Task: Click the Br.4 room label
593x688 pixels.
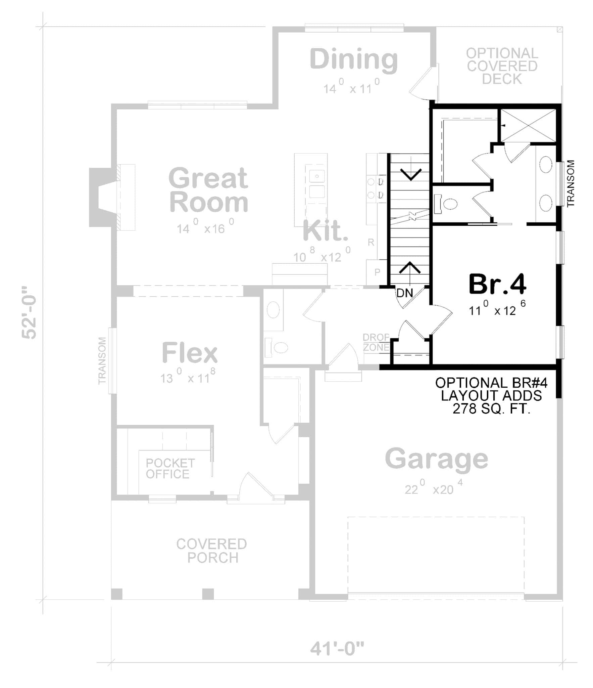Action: pos(497,284)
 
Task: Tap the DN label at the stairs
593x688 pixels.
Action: pos(405,293)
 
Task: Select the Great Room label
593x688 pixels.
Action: pos(208,190)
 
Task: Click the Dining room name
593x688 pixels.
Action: pos(354,59)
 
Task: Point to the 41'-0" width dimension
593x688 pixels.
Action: pos(337,649)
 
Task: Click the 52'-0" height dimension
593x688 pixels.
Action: pos(29,312)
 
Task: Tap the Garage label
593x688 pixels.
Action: pos(436,459)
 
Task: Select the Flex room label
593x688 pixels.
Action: pos(190,353)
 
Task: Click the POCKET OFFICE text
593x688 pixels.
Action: pos(170,469)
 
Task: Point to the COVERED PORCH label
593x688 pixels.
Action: pos(212,551)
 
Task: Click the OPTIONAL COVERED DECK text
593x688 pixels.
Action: pos(502,66)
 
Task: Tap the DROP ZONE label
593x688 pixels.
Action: pos(376,342)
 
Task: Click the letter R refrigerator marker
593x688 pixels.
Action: pos(371,242)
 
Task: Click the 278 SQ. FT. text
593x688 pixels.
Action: pos(491,409)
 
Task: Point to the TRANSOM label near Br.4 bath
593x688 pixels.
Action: pos(571,183)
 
